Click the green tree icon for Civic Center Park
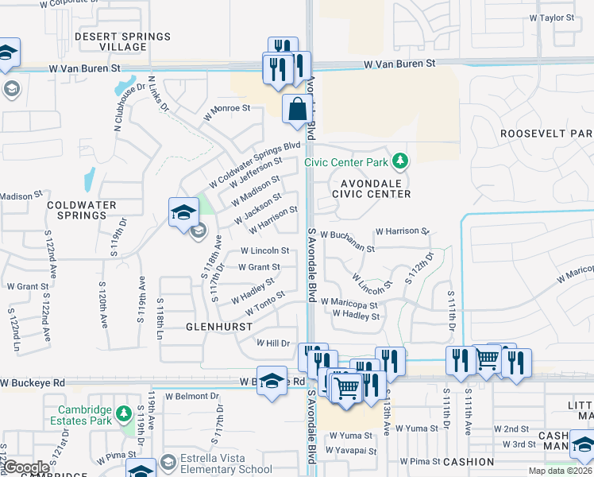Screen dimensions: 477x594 (x=401, y=162)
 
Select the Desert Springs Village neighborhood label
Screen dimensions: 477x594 (x=122, y=42)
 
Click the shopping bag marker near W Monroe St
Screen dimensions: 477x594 (x=296, y=108)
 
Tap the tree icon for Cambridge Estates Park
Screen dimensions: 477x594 (x=123, y=413)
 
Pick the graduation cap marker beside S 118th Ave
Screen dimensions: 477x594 (x=183, y=212)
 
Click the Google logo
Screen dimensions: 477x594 (x=26, y=467)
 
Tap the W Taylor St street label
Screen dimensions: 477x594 (x=551, y=17)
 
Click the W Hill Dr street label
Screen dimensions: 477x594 (x=273, y=343)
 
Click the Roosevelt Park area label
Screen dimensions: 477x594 (x=546, y=134)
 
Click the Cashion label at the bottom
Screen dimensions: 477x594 (x=469, y=462)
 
